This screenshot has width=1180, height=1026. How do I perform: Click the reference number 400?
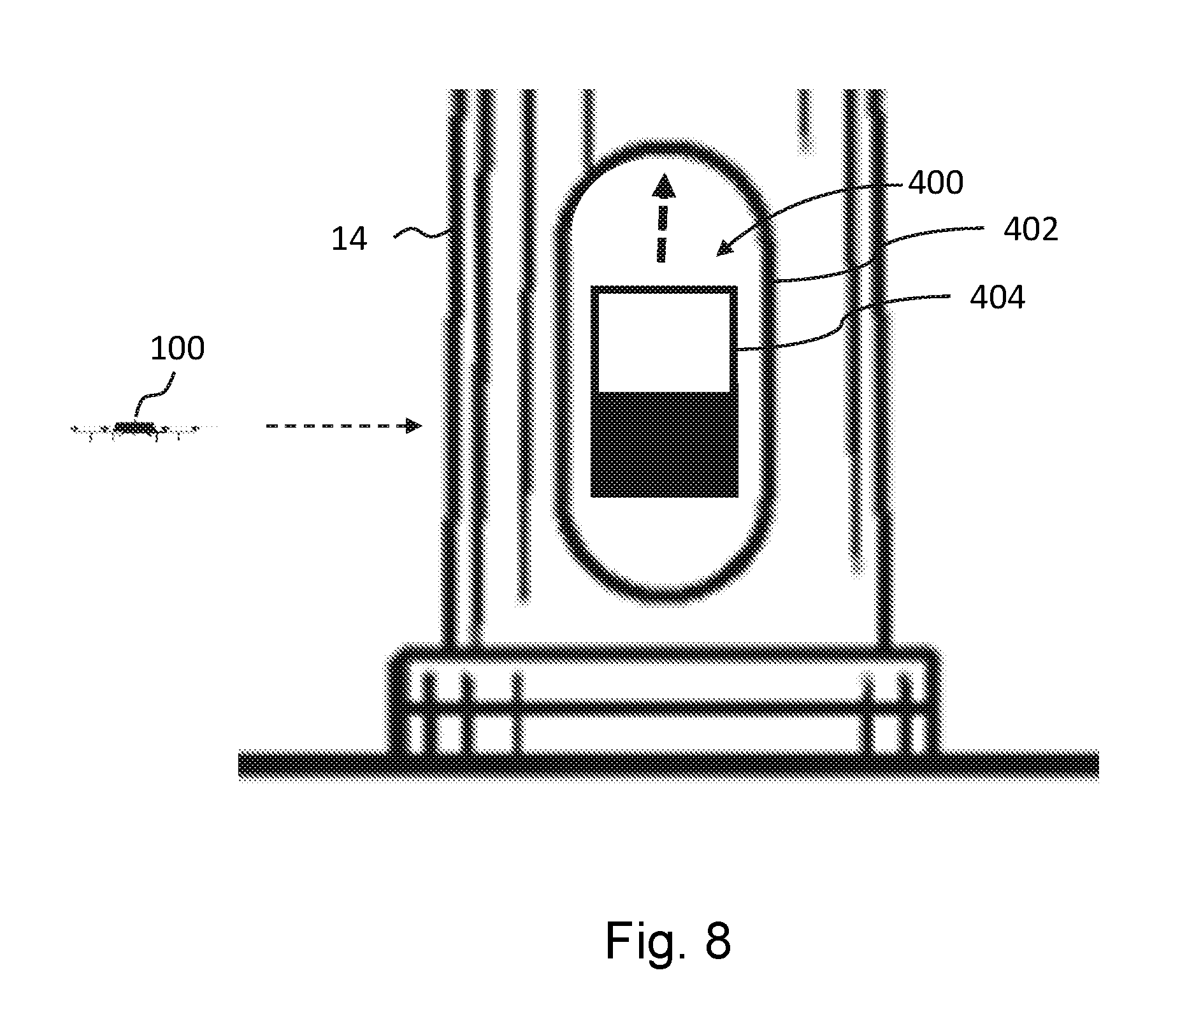click(935, 183)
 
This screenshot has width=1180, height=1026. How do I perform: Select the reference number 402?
click(1030, 229)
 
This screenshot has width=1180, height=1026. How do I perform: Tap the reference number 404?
click(997, 298)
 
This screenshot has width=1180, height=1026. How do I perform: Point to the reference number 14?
click(349, 240)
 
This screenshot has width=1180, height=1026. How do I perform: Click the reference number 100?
click(177, 349)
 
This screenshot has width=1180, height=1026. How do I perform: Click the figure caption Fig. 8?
click(668, 941)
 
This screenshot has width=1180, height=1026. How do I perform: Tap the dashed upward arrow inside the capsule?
click(663, 219)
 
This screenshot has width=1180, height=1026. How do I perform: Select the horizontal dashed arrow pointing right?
click(344, 426)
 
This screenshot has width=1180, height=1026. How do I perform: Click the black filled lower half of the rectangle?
click(665, 444)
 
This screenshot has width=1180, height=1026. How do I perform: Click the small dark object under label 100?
click(134, 427)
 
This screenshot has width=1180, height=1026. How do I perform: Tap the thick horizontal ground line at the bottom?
click(668, 765)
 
